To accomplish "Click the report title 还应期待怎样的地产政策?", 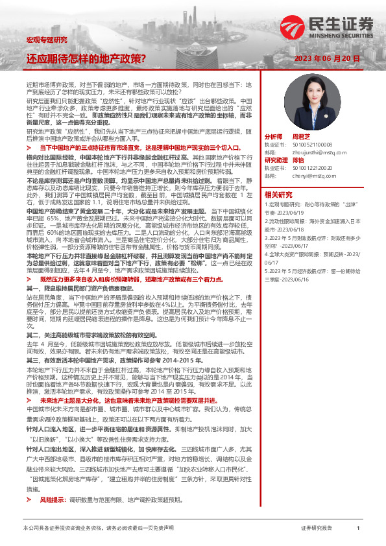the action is pyautogui.click(x=86, y=58).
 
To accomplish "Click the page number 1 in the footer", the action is pyautogui.click(x=357, y=528).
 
